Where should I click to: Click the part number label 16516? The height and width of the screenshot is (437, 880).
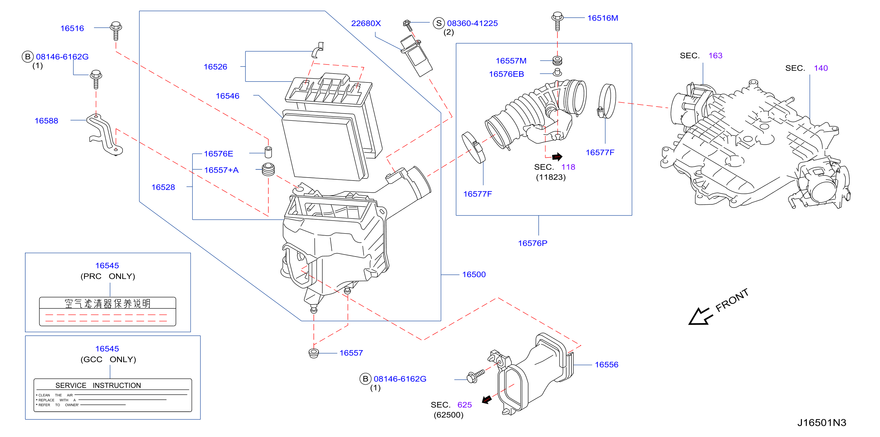click(x=72, y=28)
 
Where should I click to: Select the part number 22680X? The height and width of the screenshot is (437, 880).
click(x=366, y=23)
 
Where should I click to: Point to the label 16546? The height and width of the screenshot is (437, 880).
click(x=227, y=96)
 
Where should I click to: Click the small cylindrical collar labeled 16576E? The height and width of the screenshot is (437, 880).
click(x=268, y=152)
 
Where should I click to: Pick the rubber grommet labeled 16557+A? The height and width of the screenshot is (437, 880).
click(x=268, y=169)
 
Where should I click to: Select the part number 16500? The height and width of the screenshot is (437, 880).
click(x=474, y=274)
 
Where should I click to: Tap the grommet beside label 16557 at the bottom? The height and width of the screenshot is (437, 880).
click(x=313, y=353)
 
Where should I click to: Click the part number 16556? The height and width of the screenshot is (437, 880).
click(x=606, y=365)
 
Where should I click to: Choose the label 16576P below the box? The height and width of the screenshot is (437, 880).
click(x=533, y=243)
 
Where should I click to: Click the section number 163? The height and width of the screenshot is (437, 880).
click(x=715, y=56)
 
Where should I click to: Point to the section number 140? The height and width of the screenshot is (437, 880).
click(x=820, y=68)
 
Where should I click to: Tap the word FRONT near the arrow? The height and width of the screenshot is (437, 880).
click(x=732, y=300)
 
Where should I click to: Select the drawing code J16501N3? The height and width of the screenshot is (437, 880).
click(x=822, y=423)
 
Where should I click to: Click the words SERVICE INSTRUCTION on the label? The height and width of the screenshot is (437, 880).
click(x=98, y=385)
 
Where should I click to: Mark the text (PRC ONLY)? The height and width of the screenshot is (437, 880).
click(x=108, y=276)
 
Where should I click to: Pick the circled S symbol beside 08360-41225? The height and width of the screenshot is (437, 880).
click(x=439, y=23)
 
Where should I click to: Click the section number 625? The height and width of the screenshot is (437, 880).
click(x=464, y=405)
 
